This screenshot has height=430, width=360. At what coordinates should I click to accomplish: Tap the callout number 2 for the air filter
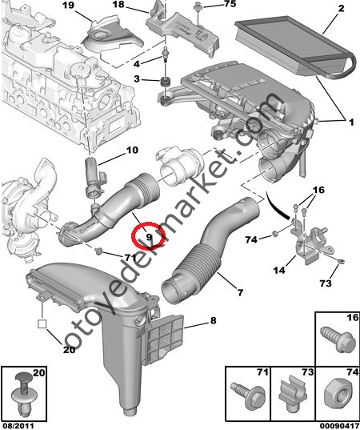[x=341, y=9]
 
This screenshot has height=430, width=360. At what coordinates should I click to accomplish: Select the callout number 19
[x=69, y=6]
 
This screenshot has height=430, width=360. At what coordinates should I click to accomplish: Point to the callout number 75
[x=230, y=3]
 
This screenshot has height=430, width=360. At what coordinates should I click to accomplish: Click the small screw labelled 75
[x=197, y=7]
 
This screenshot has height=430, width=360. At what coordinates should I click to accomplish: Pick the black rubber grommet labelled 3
[x=165, y=82]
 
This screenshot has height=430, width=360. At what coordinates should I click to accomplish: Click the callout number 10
[x=132, y=150]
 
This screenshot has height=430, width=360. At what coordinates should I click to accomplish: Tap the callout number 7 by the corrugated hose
[x=240, y=292]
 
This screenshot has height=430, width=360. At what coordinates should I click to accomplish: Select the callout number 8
[x=213, y=320]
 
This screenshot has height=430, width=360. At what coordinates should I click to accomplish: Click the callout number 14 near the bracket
[x=279, y=270]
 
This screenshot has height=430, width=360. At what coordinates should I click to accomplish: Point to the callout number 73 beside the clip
[x=326, y=283]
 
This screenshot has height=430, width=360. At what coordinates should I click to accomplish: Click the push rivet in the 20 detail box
[x=23, y=395]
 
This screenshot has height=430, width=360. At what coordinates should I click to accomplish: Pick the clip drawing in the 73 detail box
[x=293, y=393]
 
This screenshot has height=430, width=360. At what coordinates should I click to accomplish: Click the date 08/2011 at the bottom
[x=18, y=426]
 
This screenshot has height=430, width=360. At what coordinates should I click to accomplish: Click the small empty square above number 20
[x=42, y=324]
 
